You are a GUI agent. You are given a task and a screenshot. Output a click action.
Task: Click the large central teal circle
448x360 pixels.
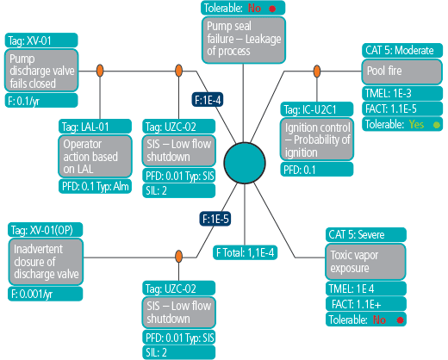point(245,163)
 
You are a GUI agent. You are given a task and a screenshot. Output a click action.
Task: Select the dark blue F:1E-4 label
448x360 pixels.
point(208,100)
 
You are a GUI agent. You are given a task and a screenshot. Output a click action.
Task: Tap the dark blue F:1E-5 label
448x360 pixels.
point(215,219)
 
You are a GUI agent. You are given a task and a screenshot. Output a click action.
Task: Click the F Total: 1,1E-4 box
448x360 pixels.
point(245,253)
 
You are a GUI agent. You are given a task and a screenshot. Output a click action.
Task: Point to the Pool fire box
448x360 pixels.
point(401,71)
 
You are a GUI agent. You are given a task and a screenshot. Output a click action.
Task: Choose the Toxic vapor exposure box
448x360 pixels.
point(365,262)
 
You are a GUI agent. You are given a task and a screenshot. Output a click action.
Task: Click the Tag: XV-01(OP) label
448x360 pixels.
point(45,230)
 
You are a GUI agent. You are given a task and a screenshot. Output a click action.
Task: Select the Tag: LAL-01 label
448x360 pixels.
point(95,127)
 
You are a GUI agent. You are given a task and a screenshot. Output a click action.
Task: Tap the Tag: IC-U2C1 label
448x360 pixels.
point(317,109)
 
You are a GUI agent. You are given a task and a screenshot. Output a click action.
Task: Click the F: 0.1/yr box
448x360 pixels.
point(41,101)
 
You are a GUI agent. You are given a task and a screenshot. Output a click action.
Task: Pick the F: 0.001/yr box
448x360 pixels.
point(45,294)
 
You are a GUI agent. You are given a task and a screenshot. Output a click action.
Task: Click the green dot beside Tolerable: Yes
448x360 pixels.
point(437,125)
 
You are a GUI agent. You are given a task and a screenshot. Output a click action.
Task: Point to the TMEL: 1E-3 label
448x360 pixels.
point(402,93)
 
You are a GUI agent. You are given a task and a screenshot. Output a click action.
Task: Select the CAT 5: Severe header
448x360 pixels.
point(366,235)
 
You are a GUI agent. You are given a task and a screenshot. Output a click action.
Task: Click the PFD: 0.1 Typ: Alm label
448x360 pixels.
point(95,186)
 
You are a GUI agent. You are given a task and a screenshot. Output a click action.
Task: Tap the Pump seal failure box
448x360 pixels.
point(244,40)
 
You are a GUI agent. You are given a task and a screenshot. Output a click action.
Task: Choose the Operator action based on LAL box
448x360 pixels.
point(95,157)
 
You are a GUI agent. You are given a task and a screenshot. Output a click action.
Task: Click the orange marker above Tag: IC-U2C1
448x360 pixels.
point(317,71)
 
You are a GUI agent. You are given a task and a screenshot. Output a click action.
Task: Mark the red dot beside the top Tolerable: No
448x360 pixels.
point(272,9)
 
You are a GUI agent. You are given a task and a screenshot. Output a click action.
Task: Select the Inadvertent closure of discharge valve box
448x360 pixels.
point(46,262)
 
